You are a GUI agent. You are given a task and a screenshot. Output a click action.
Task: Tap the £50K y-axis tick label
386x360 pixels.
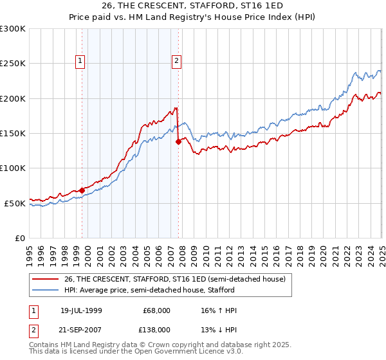click(15, 203)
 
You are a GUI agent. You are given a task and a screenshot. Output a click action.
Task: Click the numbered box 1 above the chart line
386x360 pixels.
click(80, 61)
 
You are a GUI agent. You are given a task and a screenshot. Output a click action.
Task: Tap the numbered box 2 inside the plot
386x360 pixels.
click(176, 61)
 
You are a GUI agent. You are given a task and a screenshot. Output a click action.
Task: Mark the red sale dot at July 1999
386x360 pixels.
click(82, 190)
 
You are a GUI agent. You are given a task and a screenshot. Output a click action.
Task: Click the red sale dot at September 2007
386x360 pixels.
click(178, 142)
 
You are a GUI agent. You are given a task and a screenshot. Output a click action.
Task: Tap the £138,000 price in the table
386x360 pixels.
click(156, 329)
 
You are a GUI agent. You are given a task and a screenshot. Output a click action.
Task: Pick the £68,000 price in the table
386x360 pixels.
click(156, 310)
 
